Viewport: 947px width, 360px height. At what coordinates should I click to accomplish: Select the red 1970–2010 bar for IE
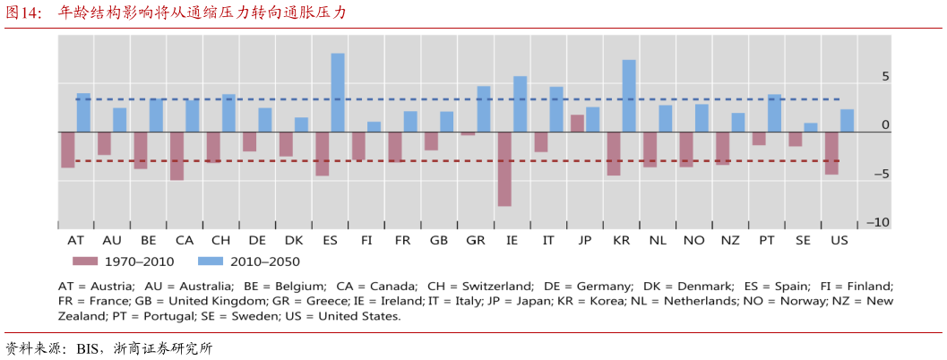point(504,169)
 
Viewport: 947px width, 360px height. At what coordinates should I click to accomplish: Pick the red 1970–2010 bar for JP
point(577,124)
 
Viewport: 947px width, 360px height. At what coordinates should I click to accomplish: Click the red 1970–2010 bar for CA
point(177,156)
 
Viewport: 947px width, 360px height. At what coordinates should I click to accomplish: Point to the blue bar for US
point(847,121)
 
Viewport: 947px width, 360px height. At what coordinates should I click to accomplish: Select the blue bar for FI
point(374,127)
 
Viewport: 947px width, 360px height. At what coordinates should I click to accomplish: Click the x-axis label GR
point(476,240)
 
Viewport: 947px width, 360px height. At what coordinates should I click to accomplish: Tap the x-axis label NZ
point(730,240)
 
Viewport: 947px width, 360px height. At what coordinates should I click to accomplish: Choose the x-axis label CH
point(220,240)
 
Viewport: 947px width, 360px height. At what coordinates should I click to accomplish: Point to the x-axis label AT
point(76,240)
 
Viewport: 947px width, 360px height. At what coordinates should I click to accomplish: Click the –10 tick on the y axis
point(878,222)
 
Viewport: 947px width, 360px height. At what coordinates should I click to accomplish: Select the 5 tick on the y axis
point(885,77)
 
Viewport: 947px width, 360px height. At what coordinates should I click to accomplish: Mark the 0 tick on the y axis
point(885,125)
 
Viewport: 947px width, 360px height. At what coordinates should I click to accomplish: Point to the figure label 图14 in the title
point(22,13)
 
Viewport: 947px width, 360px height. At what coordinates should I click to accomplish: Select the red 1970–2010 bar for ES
point(323,154)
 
